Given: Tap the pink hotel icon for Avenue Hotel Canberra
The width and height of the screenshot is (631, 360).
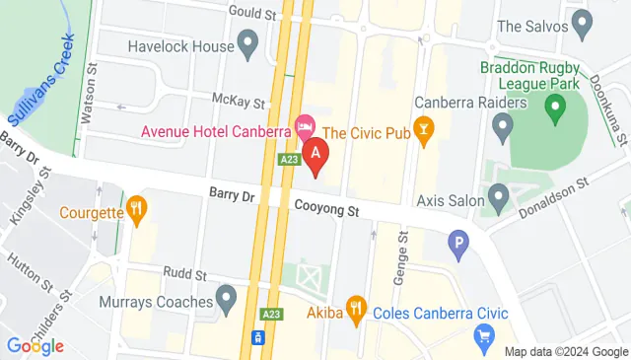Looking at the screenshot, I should click(x=306, y=126).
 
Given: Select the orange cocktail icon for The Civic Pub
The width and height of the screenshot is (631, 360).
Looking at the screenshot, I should click(x=424, y=128).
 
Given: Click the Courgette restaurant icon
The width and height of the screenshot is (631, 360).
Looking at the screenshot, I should click(x=136, y=209).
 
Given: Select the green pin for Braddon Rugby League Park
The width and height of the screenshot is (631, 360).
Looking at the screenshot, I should click(x=557, y=105).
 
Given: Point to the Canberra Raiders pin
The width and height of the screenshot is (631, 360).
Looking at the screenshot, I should click(x=503, y=125).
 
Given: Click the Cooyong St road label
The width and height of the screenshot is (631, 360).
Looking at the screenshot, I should click(x=326, y=209).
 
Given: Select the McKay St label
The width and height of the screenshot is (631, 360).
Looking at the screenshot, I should click(x=240, y=102).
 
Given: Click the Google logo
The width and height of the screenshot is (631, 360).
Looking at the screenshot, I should click(x=35, y=345).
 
